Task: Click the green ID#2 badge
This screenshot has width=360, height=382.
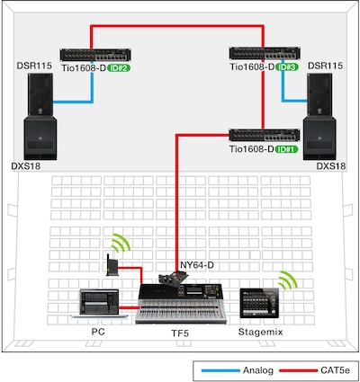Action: [119, 68]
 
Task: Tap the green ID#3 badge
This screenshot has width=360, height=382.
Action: [287, 67]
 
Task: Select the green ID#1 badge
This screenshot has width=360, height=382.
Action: [287, 149]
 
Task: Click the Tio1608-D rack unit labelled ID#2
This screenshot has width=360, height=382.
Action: [95, 55]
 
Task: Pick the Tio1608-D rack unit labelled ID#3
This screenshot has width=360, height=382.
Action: [265, 53]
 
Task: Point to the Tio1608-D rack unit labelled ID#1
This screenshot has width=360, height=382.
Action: [265, 135]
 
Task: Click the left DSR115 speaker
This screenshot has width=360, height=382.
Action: [40, 94]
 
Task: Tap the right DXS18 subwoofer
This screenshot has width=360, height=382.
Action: [319, 138]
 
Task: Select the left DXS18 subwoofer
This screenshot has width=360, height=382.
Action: [40, 138]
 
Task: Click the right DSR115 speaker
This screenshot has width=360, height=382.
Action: [319, 94]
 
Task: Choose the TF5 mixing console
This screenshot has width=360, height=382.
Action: [181, 304]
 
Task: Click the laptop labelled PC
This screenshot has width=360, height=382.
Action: [99, 303]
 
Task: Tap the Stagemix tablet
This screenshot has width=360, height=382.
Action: [259, 303]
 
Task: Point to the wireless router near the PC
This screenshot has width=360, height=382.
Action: [112, 265]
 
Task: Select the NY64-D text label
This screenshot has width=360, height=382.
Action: [197, 265]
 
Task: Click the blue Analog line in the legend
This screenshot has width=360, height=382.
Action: [220, 371]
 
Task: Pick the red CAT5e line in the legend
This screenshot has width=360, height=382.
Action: [298, 371]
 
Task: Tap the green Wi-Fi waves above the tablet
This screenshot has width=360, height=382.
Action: [288, 280]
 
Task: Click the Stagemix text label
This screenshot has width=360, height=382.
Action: [261, 332]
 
